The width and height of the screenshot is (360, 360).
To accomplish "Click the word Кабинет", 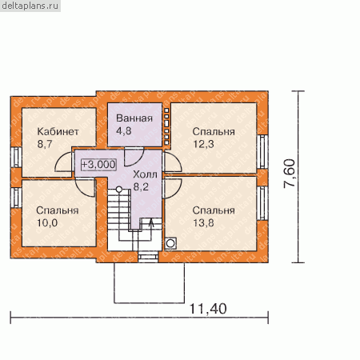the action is (x=58, y=131).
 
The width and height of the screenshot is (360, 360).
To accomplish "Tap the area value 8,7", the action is (x=45, y=144).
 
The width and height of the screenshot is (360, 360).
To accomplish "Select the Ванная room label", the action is (x=134, y=118).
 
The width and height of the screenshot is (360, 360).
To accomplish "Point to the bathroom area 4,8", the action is (x=124, y=130).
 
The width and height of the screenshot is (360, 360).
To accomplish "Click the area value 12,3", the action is (x=203, y=144).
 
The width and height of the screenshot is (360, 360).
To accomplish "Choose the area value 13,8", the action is (x=203, y=222).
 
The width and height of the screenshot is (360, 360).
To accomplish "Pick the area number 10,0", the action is (x=47, y=222).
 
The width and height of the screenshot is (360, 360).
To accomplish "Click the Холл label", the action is (x=145, y=174).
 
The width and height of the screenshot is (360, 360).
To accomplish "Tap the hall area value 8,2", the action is (x=141, y=186).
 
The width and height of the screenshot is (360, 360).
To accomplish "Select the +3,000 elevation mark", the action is (x=98, y=164).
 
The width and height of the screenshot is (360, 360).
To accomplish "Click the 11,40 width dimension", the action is (x=208, y=309).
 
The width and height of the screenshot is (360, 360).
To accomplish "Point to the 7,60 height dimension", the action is (x=289, y=174).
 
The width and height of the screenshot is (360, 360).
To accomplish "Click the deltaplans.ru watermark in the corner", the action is (x=30, y=6).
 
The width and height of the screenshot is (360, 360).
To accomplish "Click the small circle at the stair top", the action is (x=119, y=190).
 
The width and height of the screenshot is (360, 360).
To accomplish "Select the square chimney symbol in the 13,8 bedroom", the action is (x=170, y=243).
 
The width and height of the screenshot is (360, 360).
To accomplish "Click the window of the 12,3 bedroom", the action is (x=262, y=151).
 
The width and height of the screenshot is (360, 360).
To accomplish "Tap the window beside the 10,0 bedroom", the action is (x=16, y=198).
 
